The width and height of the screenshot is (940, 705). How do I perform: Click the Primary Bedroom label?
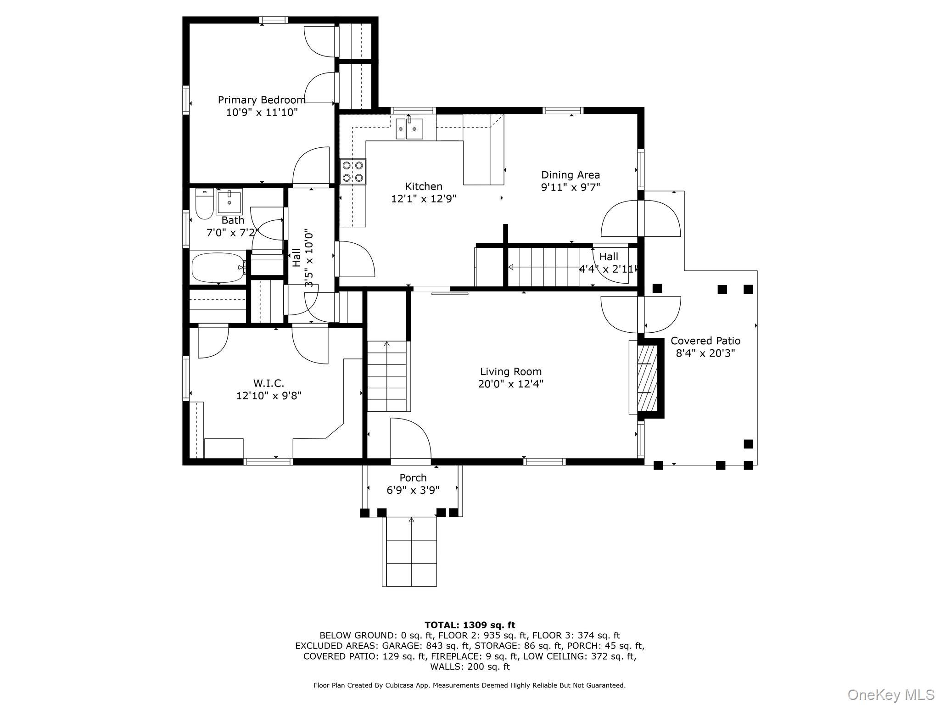pyautogui.click(x=262, y=100)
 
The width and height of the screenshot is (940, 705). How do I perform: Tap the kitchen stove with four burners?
pyautogui.click(x=353, y=172)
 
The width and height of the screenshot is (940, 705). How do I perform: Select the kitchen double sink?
pyautogui.click(x=409, y=128)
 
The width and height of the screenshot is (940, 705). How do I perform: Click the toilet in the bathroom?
pyautogui.click(x=204, y=205)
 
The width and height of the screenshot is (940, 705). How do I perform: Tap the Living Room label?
pyautogui.click(x=511, y=372)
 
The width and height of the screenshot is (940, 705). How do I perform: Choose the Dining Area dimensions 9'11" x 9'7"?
pyautogui.click(x=571, y=187)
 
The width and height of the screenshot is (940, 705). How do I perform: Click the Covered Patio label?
pyautogui.click(x=705, y=341)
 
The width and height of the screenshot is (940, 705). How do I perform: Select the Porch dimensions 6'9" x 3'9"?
pyautogui.click(x=413, y=490)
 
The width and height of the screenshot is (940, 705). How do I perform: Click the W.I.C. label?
pyautogui.click(x=269, y=383)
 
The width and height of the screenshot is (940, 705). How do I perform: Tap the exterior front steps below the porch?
pyautogui.click(x=409, y=551)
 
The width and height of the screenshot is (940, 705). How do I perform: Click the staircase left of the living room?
pyautogui.click(x=387, y=376)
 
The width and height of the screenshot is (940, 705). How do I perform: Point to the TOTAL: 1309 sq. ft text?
pyautogui.click(x=470, y=625)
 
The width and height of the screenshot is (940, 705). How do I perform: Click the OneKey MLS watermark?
pyautogui.click(x=891, y=694)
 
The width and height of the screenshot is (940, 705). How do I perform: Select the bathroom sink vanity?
pyautogui.click(x=229, y=202)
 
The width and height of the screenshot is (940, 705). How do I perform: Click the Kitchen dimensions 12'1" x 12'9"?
pyautogui.click(x=424, y=199)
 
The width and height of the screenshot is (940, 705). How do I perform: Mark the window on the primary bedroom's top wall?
pyautogui.click(x=274, y=20)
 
